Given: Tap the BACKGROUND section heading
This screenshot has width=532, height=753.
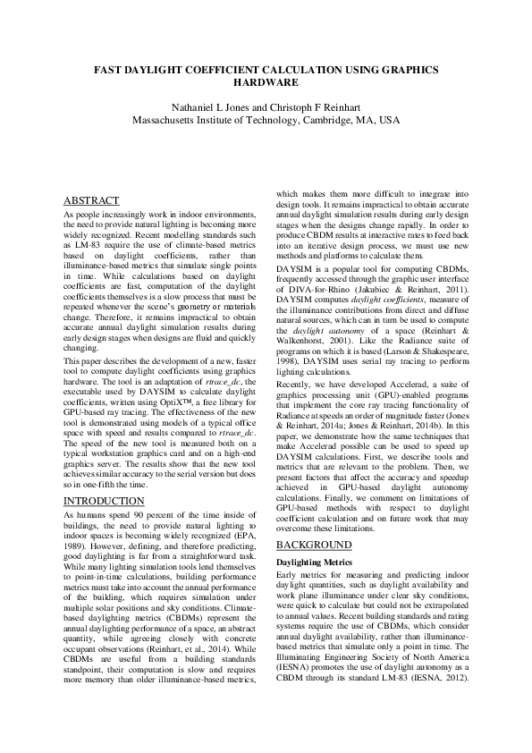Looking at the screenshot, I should tap(315, 545).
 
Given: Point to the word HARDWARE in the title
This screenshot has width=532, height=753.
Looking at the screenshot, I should tap(266, 81).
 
